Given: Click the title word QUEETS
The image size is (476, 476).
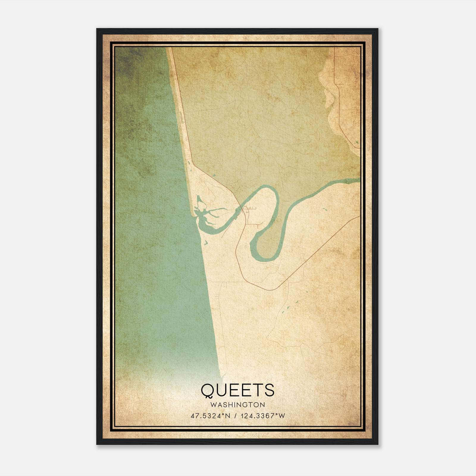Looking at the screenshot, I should pyautogui.click(x=237, y=390).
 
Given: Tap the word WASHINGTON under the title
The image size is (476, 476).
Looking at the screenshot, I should pyautogui.click(x=237, y=405).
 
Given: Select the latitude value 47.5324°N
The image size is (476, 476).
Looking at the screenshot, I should pyautogui.click(x=211, y=416).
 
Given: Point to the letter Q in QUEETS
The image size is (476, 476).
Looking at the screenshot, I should pyautogui.click(x=208, y=391).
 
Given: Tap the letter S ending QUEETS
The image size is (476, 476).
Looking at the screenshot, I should pyautogui.click(x=269, y=390).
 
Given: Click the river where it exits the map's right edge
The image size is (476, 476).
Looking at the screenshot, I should pyautogui.click(x=359, y=180).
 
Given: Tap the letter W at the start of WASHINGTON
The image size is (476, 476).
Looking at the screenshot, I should pyautogui.click(x=212, y=405).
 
